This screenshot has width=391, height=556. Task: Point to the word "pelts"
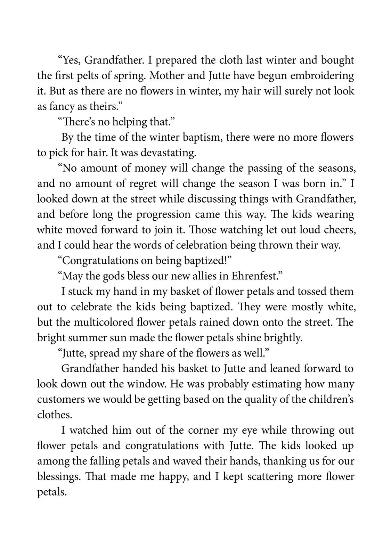coord(97,76)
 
